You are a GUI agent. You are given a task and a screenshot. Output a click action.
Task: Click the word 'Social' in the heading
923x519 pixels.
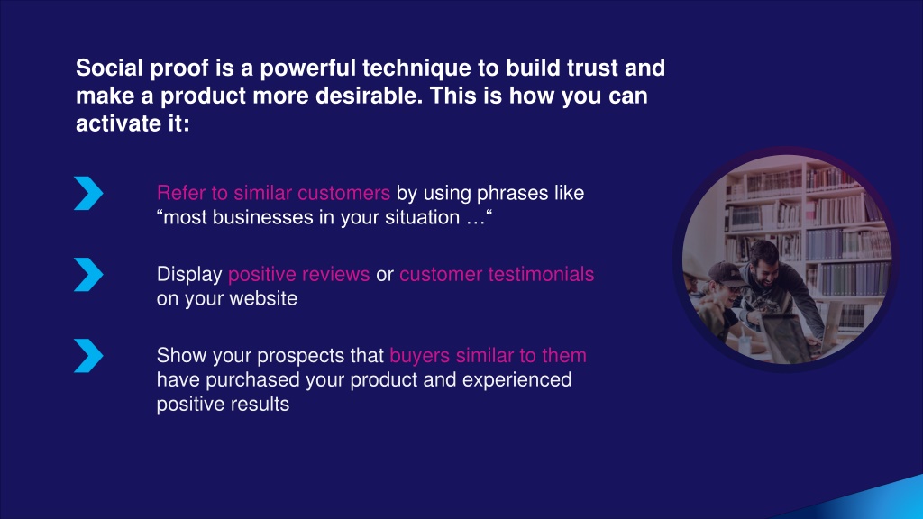[109, 68]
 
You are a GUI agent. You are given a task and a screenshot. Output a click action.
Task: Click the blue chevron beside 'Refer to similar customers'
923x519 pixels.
[88, 193]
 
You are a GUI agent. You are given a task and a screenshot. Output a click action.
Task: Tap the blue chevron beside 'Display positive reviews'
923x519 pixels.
[88, 274]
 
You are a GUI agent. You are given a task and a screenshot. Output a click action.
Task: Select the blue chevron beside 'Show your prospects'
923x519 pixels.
[88, 355]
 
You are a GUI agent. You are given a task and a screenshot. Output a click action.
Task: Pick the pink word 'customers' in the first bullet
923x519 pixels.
[343, 193]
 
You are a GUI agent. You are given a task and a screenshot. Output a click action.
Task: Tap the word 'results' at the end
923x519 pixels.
[263, 405]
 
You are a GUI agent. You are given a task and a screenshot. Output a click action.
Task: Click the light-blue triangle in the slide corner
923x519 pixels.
[877, 501]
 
